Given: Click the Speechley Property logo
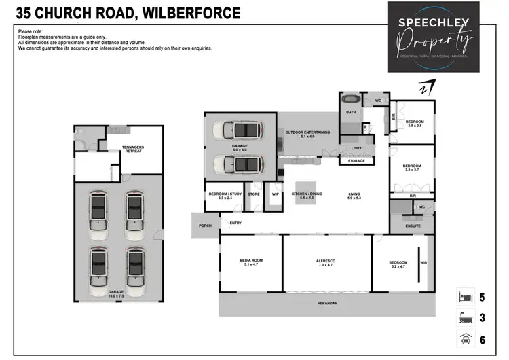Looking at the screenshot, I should coord(438,37).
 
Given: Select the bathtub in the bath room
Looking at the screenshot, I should coord(352,98).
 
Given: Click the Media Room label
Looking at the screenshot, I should coord(251,262).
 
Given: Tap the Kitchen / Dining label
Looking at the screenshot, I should coord(303,196).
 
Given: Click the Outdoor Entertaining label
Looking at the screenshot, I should coord(307,133).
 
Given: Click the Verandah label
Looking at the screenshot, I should coord(327,302).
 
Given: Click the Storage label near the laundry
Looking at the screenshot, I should coord(356,161).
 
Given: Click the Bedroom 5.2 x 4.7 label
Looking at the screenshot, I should coord(398,264).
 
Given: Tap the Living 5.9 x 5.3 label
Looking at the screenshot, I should coord(354,196).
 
